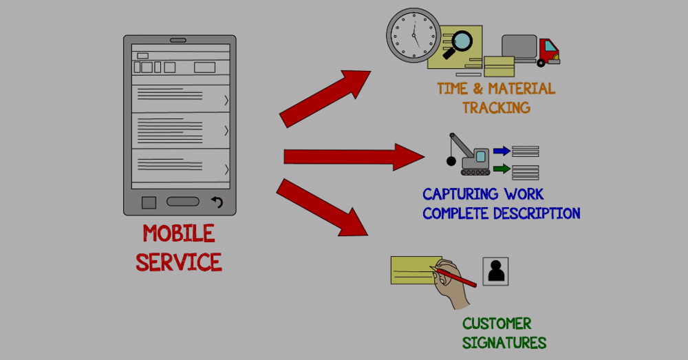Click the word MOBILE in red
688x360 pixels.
179,234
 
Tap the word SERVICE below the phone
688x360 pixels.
179,262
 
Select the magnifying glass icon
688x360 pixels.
455,42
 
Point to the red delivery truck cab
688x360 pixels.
548,52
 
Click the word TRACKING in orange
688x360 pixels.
496,108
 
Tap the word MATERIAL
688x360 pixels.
522,89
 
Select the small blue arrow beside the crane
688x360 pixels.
502,151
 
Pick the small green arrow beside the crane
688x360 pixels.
502,169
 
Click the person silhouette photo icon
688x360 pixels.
495,271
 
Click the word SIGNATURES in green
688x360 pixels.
504,343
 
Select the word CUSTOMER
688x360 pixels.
497,324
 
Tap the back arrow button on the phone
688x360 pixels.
217,202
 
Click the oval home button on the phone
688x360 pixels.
182,202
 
